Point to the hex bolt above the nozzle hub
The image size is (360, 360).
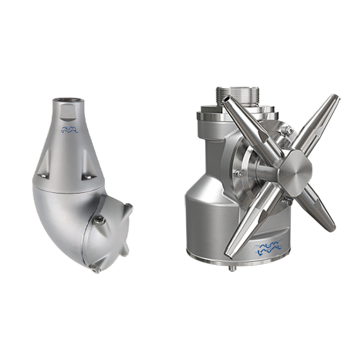pyautogui.click(x=290, y=132)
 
